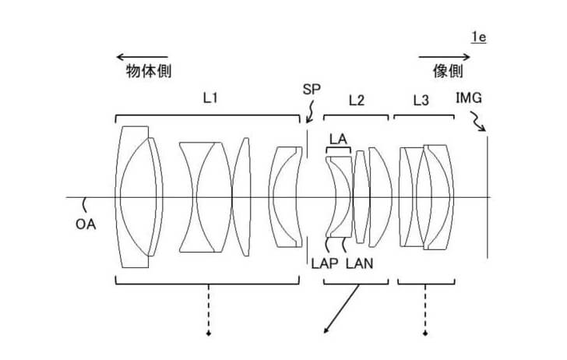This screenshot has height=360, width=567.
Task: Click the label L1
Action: click(210, 99)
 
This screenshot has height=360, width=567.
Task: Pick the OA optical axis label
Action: click(86, 224)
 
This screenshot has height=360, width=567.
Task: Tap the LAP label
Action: click(327, 263)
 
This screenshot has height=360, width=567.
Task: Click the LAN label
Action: click(359, 263)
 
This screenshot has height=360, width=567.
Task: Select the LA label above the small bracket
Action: click(337, 138)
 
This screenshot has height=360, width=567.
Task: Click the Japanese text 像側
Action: click(448, 71)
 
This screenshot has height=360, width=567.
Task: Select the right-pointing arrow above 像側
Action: click(445, 56)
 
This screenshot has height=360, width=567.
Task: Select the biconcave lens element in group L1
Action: click(204, 196)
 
